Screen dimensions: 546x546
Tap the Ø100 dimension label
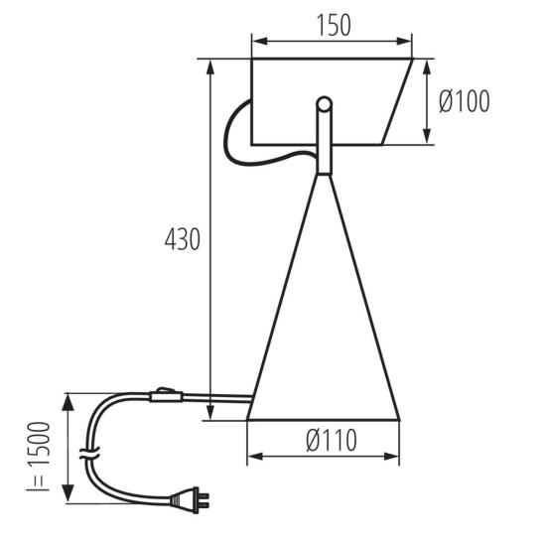click(463, 101)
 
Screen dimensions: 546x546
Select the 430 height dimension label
click(183, 239)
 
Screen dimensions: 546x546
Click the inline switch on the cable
click(167, 397)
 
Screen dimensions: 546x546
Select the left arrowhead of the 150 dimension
click(256, 41)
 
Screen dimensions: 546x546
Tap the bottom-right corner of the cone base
click(399, 419)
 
